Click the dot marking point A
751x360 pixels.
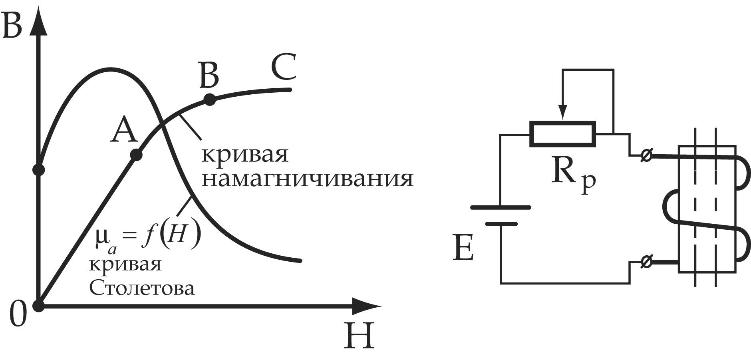click(x=136, y=155)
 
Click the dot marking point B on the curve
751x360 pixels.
click(x=209, y=99)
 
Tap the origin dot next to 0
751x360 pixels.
click(x=38, y=306)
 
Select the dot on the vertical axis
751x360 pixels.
click(x=38, y=170)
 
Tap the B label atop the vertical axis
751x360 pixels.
click(x=12, y=26)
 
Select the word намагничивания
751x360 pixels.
click(x=307, y=179)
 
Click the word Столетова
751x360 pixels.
click(x=142, y=288)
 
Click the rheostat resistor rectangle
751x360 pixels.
click(x=563, y=134)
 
